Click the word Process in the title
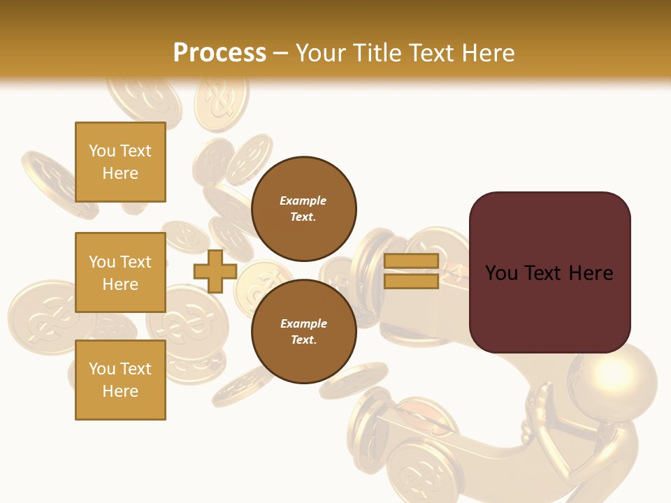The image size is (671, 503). click(x=219, y=53)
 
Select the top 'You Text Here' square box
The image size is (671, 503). click(x=120, y=162)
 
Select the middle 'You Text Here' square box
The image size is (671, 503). click(x=120, y=272)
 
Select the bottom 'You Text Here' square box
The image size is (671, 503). click(x=120, y=380)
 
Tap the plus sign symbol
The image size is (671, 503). click(x=215, y=271)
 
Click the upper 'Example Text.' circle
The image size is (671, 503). click(x=303, y=209)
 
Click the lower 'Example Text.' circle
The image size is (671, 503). click(x=303, y=332)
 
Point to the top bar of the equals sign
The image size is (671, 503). click(x=411, y=261)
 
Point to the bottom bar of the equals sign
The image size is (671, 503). click(x=411, y=282)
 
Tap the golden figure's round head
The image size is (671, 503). click(x=612, y=378)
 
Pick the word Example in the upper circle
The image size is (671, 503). click(x=303, y=201)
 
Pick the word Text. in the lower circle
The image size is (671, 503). click(x=303, y=340)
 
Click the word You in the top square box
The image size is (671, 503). click(x=101, y=151)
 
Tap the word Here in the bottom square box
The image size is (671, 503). click(x=120, y=391)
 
